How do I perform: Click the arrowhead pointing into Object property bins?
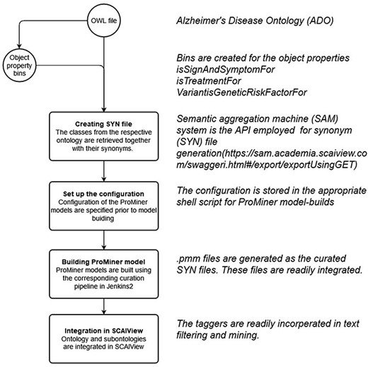pyautogui.click(x=21, y=47)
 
